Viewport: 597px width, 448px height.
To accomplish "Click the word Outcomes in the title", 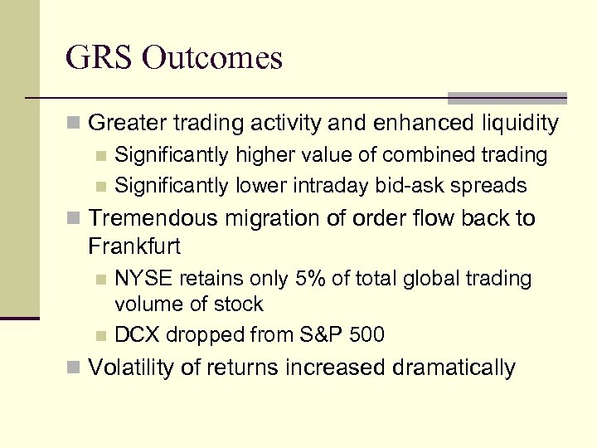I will [211, 58].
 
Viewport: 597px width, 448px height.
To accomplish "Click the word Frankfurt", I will [133, 246].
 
